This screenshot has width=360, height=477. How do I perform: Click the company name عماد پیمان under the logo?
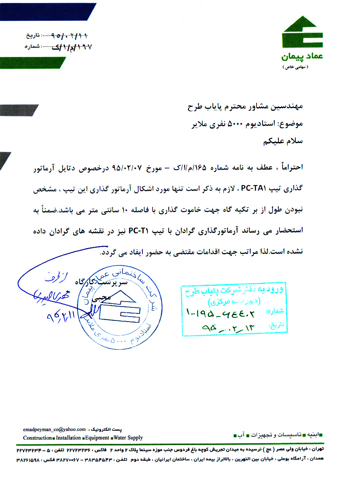coord(302,57)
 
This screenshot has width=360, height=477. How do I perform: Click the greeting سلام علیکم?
coord(283,141)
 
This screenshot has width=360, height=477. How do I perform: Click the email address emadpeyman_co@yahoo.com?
coord(54,429)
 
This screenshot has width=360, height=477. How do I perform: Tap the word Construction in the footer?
coord(37,438)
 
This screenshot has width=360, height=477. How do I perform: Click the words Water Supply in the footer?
coord(128,438)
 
